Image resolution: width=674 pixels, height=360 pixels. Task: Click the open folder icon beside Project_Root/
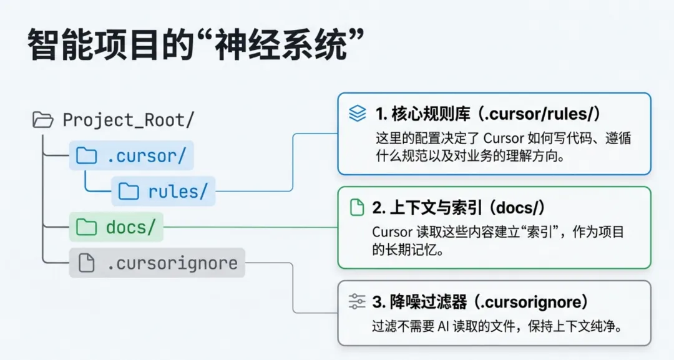[42, 119]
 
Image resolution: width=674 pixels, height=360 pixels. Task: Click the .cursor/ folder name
[146, 156]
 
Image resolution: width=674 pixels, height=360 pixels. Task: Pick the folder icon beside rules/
[128, 192]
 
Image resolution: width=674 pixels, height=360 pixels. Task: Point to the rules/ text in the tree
[177, 192]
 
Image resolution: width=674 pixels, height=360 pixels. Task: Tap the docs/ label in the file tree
[130, 227]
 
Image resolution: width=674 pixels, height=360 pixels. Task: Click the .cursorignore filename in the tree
[172, 263]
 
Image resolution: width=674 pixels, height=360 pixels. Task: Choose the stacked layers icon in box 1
[357, 114]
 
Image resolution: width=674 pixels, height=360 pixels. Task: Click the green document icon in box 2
[357, 207]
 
